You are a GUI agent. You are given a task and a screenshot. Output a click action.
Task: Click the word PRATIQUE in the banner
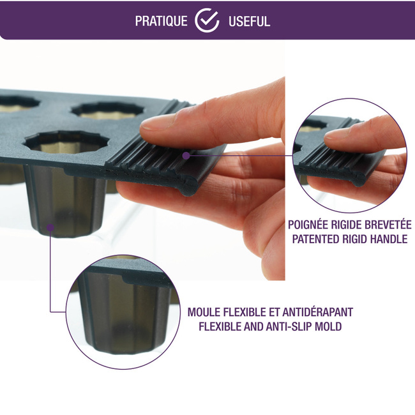click(161, 21)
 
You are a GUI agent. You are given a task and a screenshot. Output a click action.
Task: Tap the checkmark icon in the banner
click(207, 20)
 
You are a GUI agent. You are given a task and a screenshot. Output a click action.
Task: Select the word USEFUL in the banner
click(249, 21)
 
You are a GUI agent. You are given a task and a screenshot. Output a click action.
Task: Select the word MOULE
click(204, 312)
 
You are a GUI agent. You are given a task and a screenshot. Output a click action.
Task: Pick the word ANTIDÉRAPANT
click(317, 312)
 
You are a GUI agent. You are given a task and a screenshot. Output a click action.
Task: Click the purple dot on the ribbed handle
click(186, 156)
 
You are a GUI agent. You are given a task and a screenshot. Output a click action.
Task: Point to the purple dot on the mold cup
click(50, 227)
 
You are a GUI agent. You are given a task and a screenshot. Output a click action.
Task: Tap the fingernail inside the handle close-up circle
click(334, 136)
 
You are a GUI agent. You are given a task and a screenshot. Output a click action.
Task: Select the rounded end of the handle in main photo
click(189, 186)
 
